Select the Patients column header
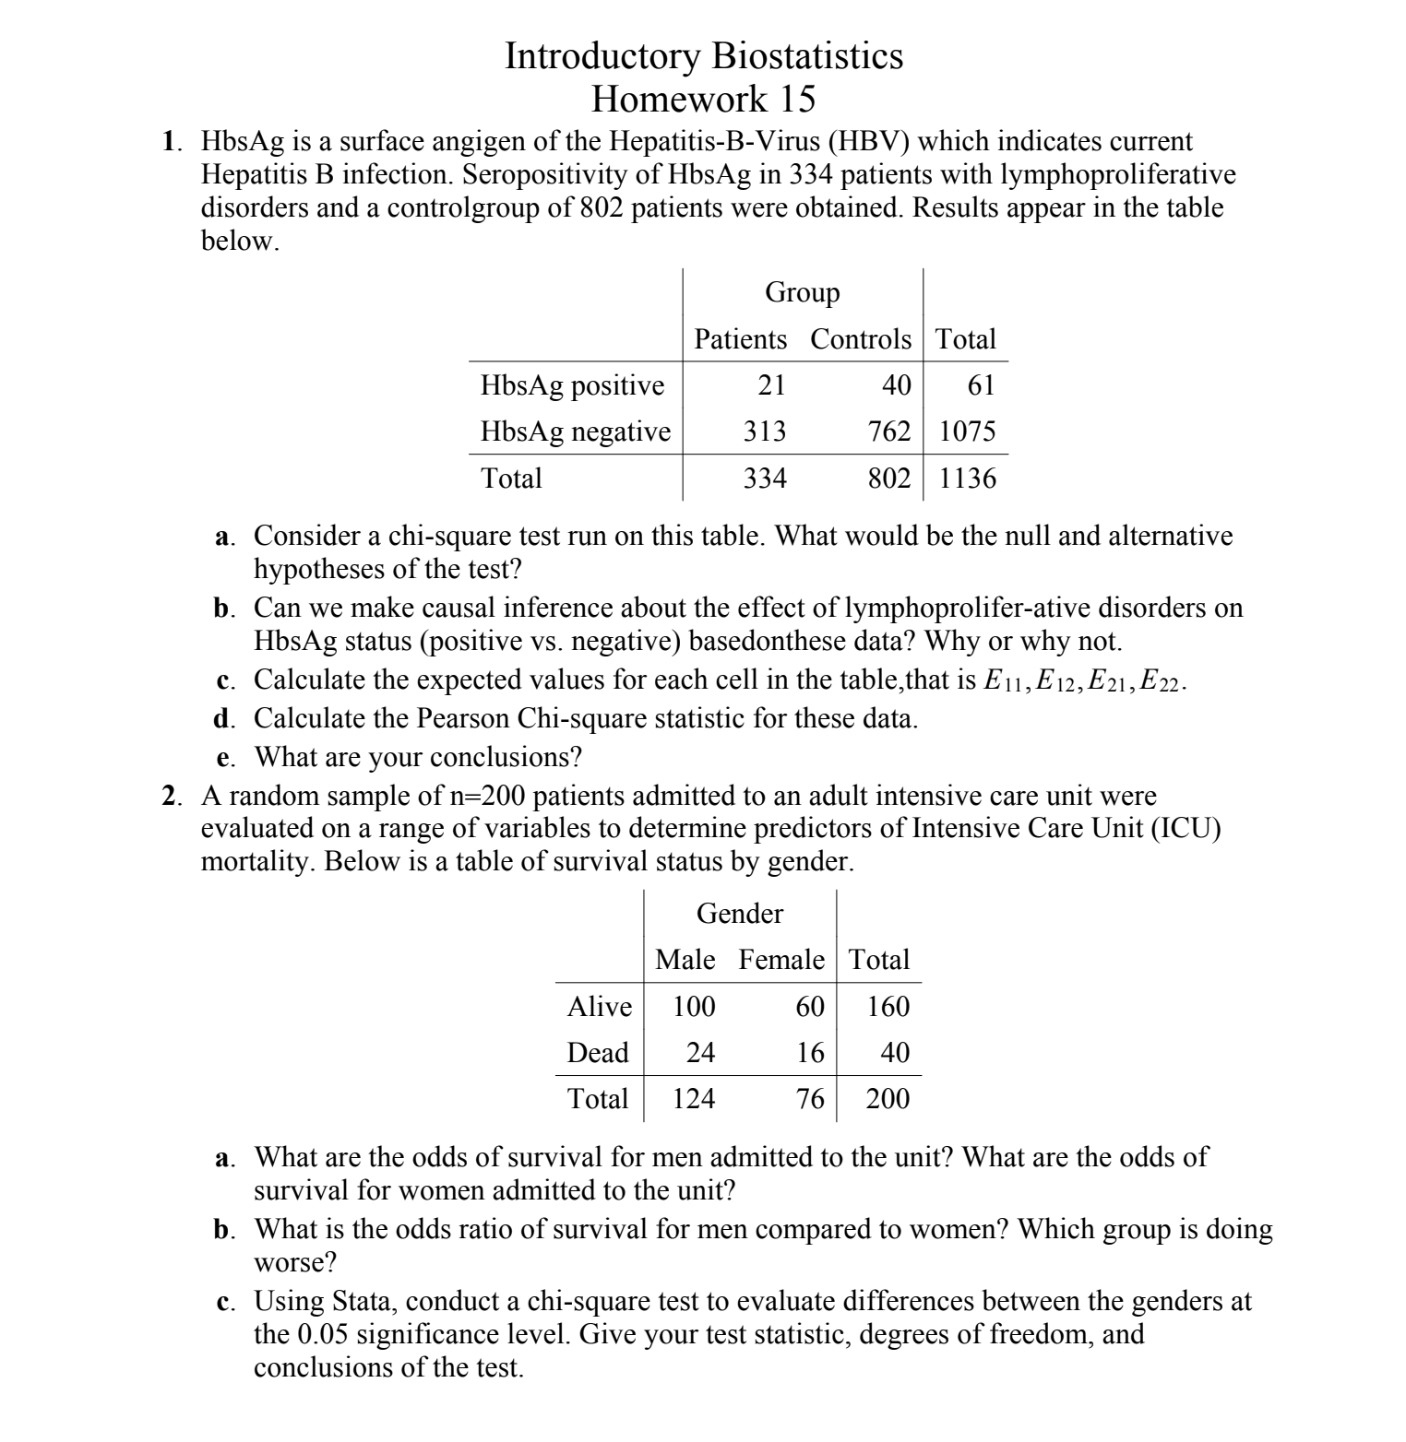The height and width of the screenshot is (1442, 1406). (x=740, y=339)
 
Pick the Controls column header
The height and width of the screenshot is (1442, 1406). (x=860, y=339)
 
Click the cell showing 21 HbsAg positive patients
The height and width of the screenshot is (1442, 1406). (x=771, y=384)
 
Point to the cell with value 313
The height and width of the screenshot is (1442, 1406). (x=765, y=431)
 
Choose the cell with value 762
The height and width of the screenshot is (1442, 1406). (x=889, y=431)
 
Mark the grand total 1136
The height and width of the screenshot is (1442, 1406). (x=967, y=478)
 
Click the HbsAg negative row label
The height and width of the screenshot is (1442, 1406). (x=575, y=431)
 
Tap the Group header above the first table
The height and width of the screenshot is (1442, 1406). (x=802, y=292)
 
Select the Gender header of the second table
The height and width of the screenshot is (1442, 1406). (x=739, y=913)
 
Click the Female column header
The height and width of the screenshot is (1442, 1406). (x=780, y=960)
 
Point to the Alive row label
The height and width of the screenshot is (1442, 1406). (x=599, y=1006)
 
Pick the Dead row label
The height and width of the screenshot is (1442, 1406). (x=597, y=1052)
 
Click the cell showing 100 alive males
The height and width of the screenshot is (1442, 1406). (x=693, y=1006)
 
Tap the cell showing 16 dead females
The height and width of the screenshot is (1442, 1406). (x=809, y=1052)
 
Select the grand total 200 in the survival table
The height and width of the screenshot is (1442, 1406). (x=888, y=1098)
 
